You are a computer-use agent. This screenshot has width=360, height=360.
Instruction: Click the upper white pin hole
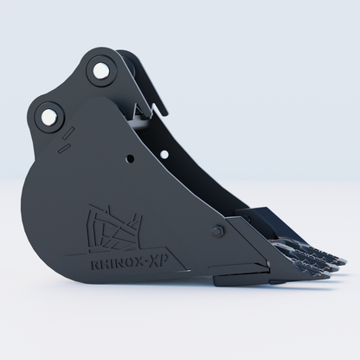click(100, 71)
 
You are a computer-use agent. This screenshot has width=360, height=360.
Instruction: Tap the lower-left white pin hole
click(48, 117)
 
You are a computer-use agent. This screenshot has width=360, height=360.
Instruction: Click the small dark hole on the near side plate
click(131, 158)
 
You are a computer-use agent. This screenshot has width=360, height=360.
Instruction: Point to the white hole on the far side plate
click(164, 155)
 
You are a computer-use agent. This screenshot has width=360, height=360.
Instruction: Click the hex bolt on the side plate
click(218, 231)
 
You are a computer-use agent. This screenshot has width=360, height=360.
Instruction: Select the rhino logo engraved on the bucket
click(114, 228)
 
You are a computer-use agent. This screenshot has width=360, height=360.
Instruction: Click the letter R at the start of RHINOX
click(95, 264)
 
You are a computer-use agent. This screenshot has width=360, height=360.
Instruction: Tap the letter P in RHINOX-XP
click(164, 260)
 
